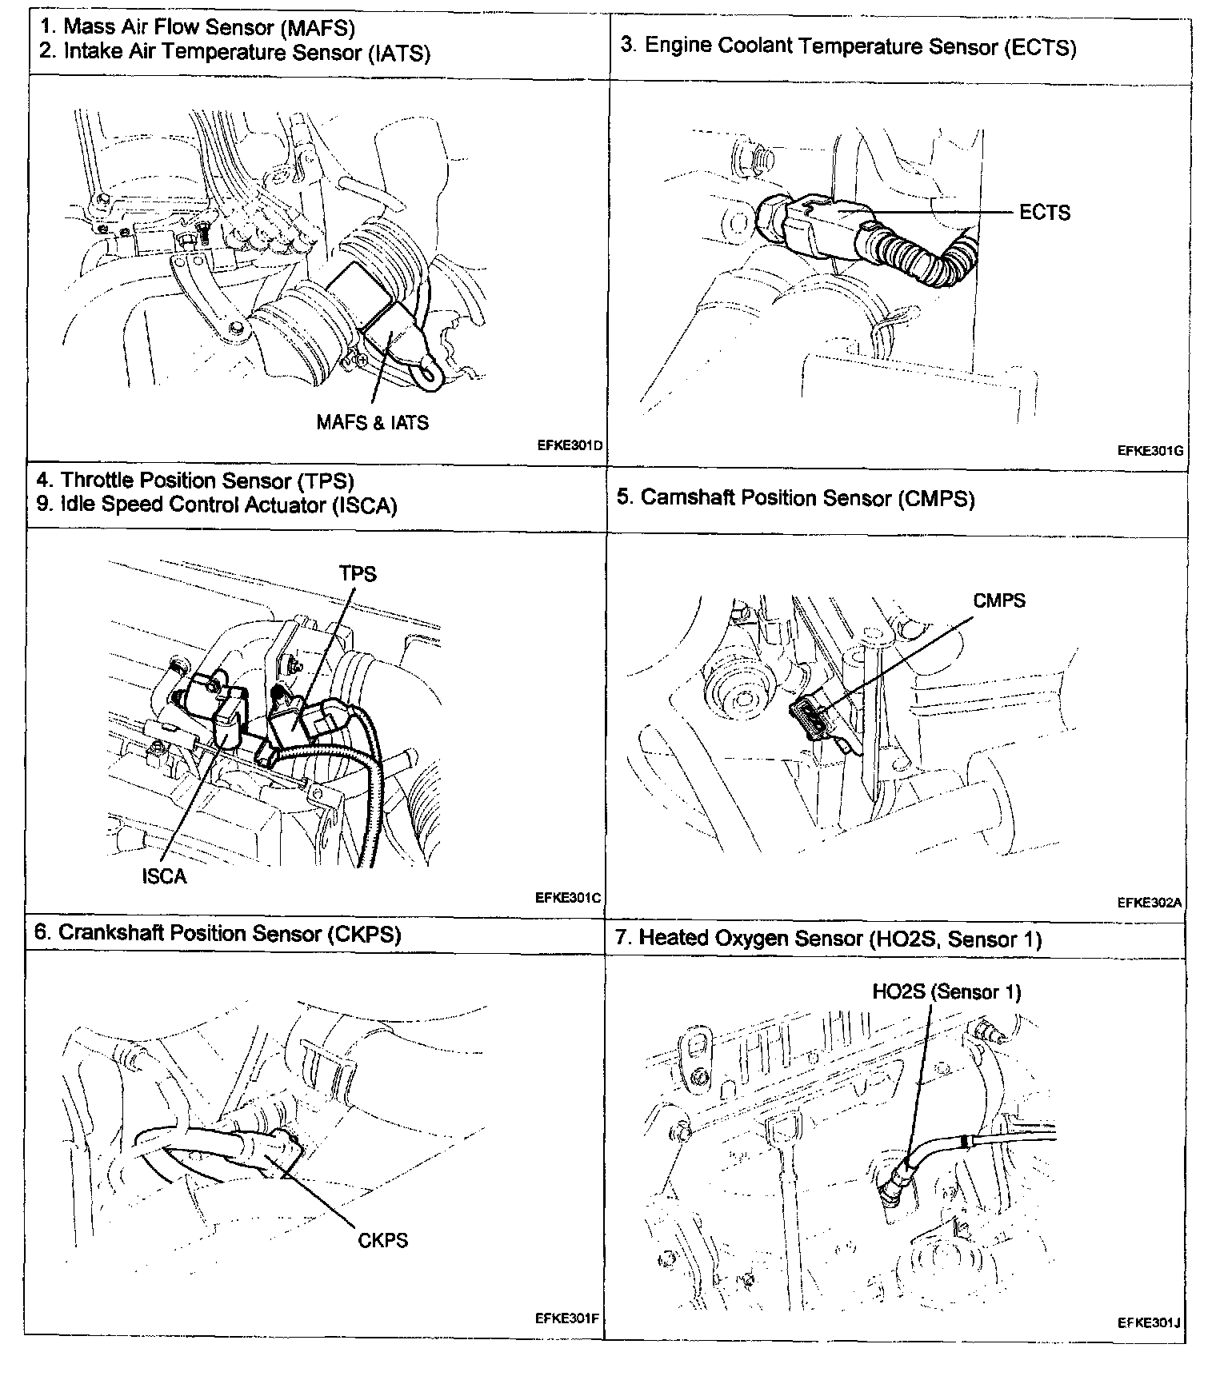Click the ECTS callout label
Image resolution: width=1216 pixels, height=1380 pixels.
[1044, 213]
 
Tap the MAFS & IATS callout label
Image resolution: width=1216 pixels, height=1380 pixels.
[372, 422]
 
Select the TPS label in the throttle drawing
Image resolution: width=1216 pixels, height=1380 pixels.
[358, 573]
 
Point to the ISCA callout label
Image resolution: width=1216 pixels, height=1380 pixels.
[164, 876]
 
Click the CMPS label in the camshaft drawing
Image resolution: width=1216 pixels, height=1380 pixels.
[999, 600]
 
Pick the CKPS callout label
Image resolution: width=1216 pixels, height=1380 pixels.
[383, 1240]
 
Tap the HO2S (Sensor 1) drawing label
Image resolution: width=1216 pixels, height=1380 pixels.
[946, 992]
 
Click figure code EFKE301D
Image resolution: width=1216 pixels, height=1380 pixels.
[570, 446]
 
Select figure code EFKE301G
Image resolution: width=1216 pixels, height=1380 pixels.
[1150, 450]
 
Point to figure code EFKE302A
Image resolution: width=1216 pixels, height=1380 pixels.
[1150, 903]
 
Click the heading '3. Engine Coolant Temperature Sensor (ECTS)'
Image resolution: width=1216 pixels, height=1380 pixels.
[848, 46]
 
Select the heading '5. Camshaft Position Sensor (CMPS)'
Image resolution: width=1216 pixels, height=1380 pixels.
[795, 498]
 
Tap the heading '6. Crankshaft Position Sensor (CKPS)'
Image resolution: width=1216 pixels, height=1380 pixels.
[218, 933]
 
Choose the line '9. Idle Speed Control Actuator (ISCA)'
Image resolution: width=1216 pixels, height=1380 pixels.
[217, 505]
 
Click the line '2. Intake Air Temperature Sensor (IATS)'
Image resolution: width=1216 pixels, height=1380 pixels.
[235, 53]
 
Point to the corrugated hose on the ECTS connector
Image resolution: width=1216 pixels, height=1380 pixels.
[928, 258]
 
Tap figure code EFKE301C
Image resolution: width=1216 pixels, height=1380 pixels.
[568, 898]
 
